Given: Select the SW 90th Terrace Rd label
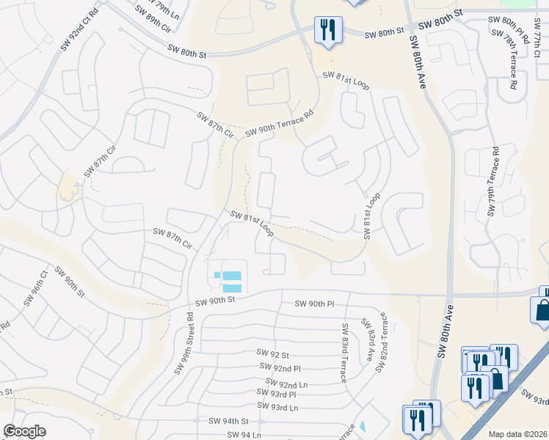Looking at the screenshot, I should tap(279, 123).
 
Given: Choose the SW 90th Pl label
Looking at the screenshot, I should tap(314, 304).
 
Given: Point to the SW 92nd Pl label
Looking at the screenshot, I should tap(280, 367).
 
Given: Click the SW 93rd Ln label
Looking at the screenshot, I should tap(277, 407).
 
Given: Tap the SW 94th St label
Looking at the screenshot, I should tap(229, 421).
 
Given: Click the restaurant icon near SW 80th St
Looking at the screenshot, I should tap(326, 30).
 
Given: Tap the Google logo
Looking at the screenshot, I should tap(25, 431).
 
